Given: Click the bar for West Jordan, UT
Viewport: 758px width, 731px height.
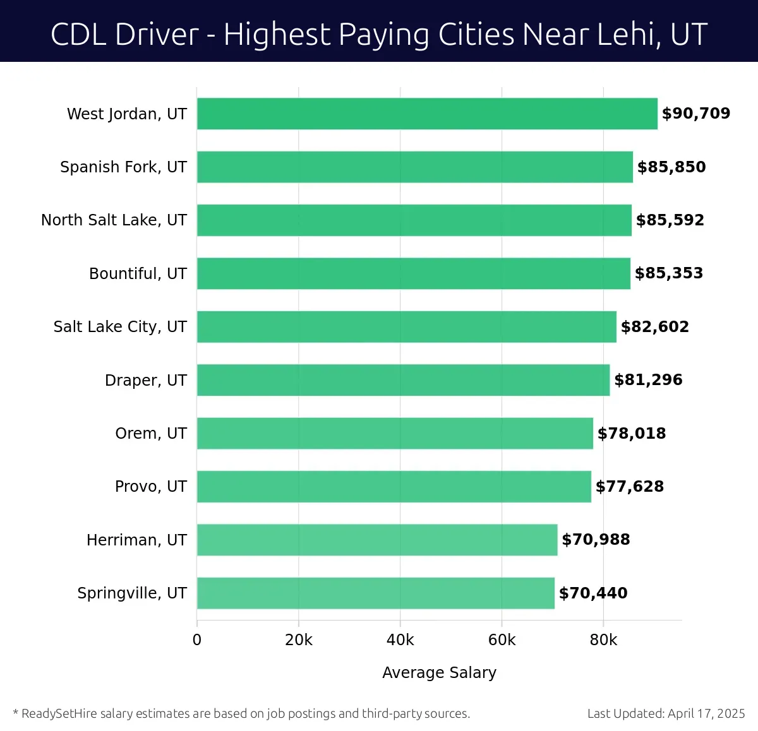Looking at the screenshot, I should click(x=427, y=114).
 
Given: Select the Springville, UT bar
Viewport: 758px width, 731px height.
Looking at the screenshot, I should click(x=375, y=593).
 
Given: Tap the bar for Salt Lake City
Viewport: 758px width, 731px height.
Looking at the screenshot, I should click(x=406, y=327).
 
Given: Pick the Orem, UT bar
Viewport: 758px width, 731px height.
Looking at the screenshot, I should click(x=395, y=434).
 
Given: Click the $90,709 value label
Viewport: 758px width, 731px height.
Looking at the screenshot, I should click(x=695, y=114).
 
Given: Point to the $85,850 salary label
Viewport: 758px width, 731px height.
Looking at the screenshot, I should click(x=671, y=167).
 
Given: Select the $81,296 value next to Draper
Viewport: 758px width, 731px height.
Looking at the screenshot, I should click(x=648, y=380).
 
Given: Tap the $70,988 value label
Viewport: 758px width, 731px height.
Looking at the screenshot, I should click(x=596, y=540).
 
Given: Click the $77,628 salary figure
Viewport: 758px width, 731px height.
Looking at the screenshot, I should click(x=629, y=487).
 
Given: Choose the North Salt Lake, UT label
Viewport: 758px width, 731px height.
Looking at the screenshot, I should click(x=114, y=220).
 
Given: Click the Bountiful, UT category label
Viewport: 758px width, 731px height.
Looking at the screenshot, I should click(x=138, y=273).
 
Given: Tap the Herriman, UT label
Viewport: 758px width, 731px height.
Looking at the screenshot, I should click(x=136, y=540).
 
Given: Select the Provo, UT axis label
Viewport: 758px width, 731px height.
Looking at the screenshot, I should click(x=150, y=487).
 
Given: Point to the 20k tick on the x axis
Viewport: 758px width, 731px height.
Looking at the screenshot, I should click(x=298, y=640).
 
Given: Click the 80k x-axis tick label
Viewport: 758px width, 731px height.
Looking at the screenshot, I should click(x=603, y=640).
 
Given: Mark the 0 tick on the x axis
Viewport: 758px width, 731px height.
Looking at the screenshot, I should click(x=197, y=640).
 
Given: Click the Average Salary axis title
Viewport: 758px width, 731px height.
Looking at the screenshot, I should click(x=439, y=673).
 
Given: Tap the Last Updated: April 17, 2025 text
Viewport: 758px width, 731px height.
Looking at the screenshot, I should click(x=666, y=714).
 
